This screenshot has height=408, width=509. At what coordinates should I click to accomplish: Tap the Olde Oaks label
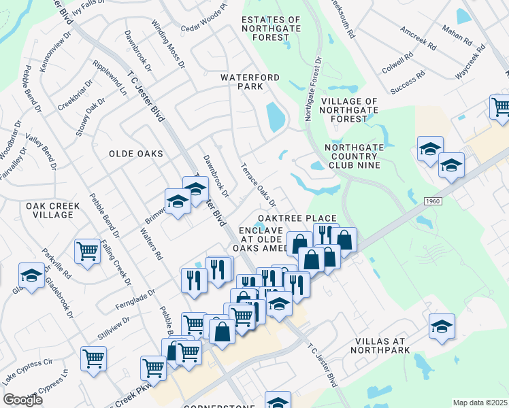136,154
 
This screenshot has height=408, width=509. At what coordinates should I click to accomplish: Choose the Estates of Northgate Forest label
270,29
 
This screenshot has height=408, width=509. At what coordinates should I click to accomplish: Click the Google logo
22,400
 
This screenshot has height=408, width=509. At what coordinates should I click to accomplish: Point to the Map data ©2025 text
480,403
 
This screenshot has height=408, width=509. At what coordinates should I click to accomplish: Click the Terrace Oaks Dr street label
259,184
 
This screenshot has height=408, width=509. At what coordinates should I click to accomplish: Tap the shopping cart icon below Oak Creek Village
88,251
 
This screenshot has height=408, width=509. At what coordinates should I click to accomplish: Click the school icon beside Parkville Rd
31,275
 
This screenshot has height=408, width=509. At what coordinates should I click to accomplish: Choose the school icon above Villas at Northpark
442,326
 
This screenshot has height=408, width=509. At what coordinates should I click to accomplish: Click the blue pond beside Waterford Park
276,116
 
